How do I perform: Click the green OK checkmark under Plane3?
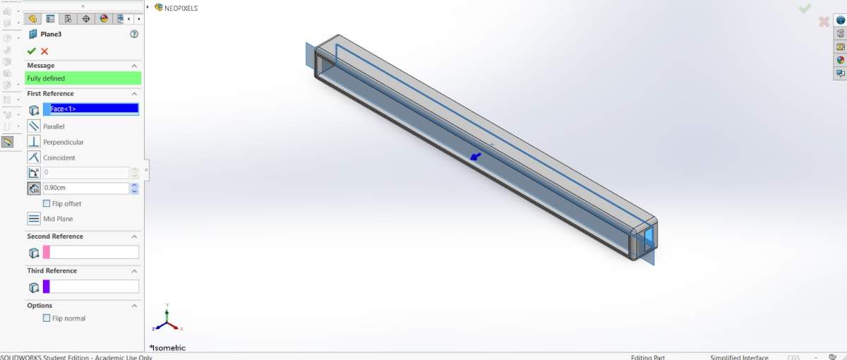[x=31, y=51]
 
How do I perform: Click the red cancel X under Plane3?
[x=44, y=51]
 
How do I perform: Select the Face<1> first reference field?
[x=91, y=109]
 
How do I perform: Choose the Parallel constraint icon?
[x=34, y=126]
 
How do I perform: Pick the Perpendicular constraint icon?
[x=34, y=142]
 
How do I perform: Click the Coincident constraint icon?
[x=34, y=157]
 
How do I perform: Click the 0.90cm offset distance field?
[x=86, y=188]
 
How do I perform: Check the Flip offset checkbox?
[x=47, y=203]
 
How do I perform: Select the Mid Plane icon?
[x=34, y=219]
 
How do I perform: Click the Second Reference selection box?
[x=91, y=252]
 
